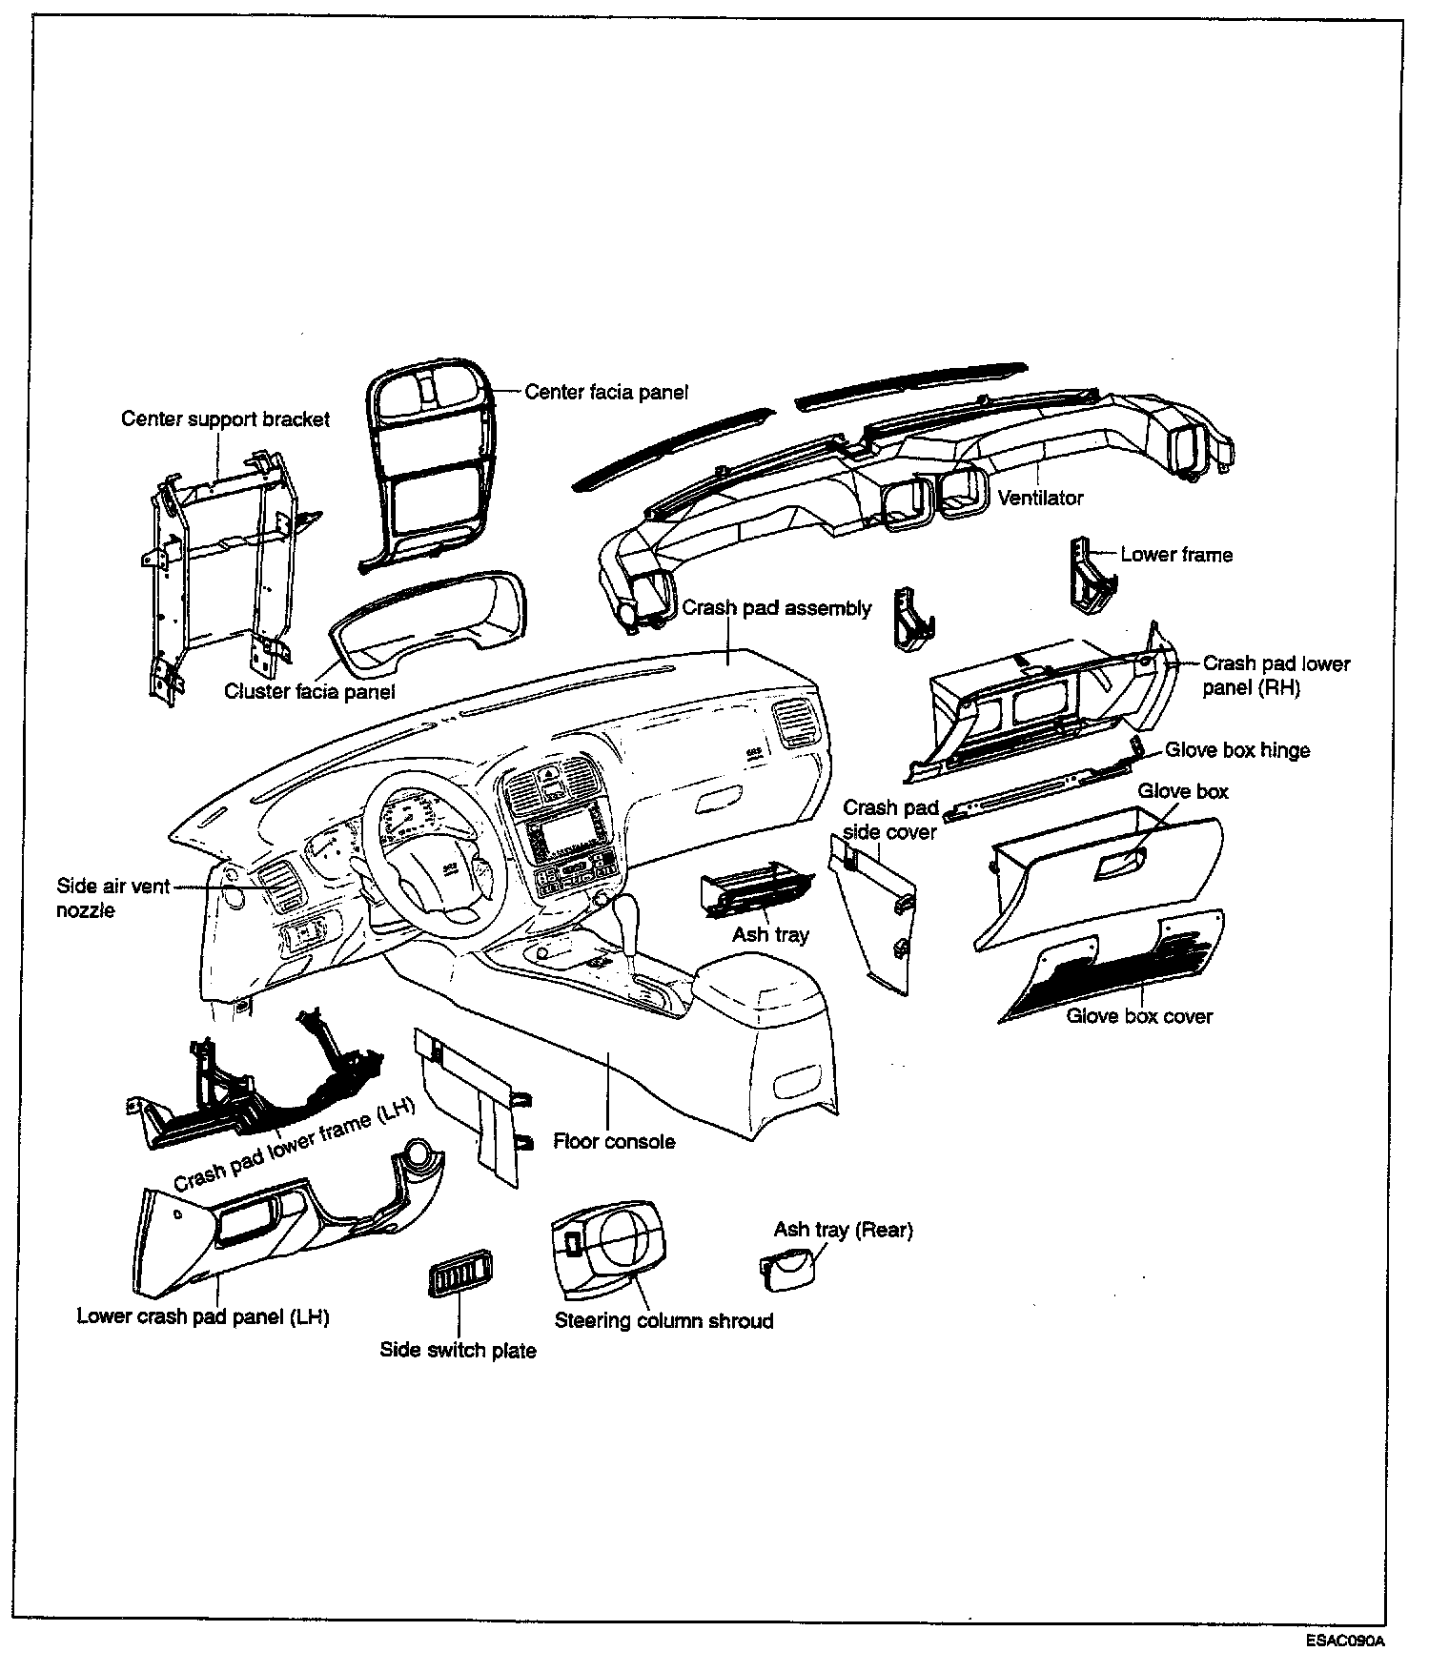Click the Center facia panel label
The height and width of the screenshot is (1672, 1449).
tap(606, 392)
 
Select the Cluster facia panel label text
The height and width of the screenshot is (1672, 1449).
tap(309, 691)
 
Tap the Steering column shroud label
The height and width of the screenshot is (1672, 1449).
tap(663, 1320)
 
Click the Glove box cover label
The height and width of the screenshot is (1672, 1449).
tap(1139, 1016)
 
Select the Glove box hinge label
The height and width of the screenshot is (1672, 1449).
tap(1237, 750)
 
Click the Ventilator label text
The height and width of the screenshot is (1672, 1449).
tap(1040, 498)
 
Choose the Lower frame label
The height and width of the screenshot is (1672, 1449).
tap(1176, 555)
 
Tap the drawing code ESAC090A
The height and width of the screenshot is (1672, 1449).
tap(1345, 1641)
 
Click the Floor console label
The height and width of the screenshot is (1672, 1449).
tap(614, 1141)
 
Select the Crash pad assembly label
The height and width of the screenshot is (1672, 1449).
tap(776, 608)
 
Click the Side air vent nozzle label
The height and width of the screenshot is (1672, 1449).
tap(112, 898)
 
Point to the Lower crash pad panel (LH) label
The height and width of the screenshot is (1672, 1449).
tap(203, 1316)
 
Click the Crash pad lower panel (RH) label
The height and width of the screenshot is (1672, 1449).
tap(1276, 675)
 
